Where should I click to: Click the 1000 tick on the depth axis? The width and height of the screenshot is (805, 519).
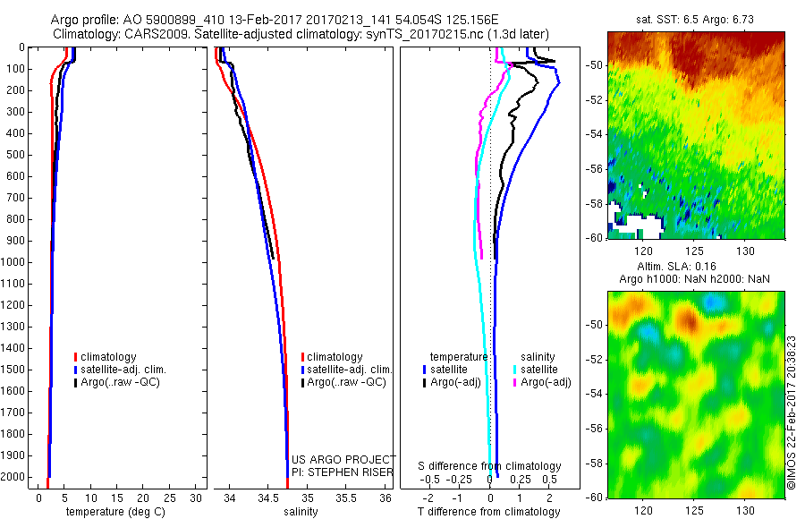click(x=19, y=261)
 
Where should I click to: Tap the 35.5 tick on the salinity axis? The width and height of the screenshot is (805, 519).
click(x=345, y=498)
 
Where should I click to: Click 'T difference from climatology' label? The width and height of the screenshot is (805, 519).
click(x=490, y=513)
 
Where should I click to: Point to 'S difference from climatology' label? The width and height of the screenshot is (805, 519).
click(x=490, y=466)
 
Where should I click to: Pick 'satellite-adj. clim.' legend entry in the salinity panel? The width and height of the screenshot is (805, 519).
click(x=348, y=370)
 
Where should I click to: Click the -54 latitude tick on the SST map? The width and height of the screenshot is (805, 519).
click(x=596, y=132)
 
